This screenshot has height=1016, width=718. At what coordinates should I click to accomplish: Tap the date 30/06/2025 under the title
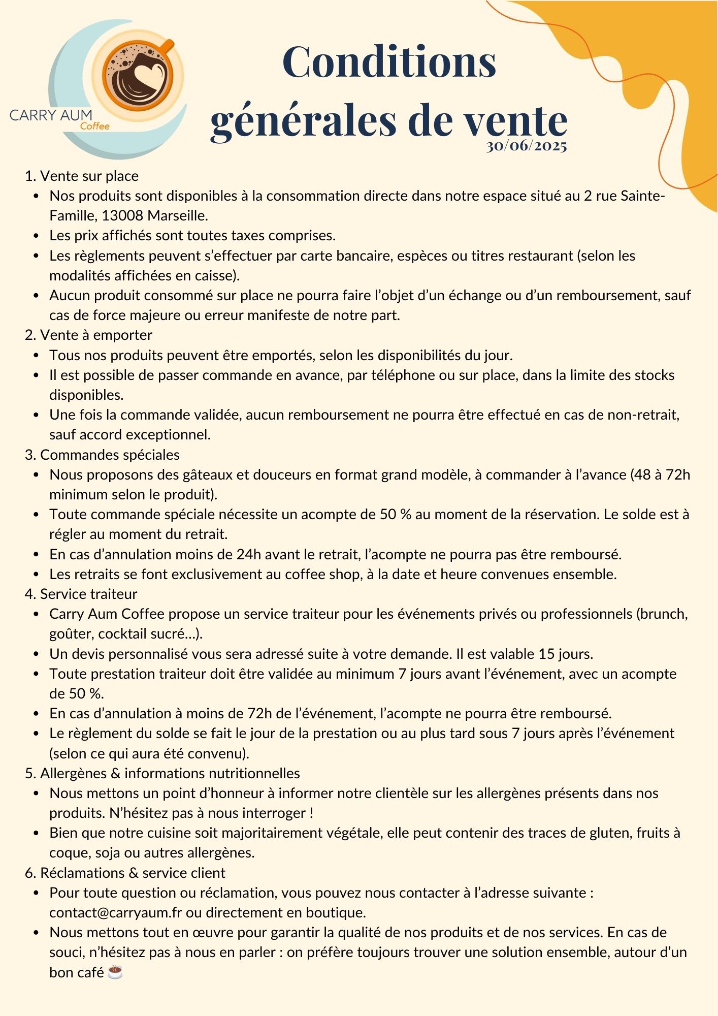coord(526,146)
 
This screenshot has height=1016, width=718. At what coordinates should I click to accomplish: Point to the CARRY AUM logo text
coord(51,115)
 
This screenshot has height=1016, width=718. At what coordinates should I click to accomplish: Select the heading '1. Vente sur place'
coord(82,176)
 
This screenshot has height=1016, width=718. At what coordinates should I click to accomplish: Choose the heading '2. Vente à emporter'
coord(88,335)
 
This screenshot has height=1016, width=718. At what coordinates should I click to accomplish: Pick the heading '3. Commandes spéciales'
coord(102,455)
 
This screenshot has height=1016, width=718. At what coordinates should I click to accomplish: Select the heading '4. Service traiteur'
coord(81,594)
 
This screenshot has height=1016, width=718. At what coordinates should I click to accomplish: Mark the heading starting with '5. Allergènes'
coord(162,773)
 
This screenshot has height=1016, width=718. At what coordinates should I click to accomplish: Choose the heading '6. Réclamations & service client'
coord(125,873)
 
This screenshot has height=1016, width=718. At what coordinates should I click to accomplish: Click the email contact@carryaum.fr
coord(115,912)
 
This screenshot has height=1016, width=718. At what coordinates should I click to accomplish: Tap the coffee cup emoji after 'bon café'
coord(115,972)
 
